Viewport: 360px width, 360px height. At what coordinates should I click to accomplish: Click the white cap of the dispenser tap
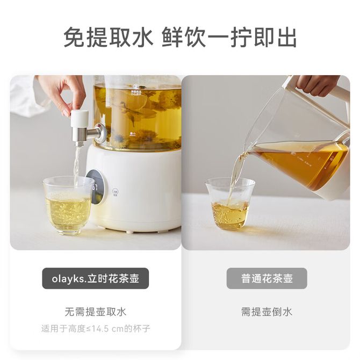click(80, 118)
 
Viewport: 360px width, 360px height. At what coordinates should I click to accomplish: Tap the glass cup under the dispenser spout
click(68, 205)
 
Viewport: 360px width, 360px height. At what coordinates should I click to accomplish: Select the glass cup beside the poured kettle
click(230, 204)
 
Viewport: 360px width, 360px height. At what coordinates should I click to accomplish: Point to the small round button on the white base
click(116, 193)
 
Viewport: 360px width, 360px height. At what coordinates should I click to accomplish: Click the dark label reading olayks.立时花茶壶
click(95, 278)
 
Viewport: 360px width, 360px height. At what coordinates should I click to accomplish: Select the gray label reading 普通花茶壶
click(267, 278)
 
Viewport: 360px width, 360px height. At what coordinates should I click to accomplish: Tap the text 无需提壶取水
click(96, 312)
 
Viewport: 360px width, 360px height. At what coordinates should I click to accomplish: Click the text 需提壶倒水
click(267, 312)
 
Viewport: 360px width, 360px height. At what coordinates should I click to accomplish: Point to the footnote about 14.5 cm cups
click(96, 328)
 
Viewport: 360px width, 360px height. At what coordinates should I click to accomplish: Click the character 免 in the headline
click(74, 37)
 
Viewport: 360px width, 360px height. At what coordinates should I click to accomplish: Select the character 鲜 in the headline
click(172, 37)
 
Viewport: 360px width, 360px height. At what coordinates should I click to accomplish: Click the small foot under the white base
click(129, 232)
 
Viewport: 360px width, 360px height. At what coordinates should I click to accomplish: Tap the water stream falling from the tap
click(77, 165)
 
